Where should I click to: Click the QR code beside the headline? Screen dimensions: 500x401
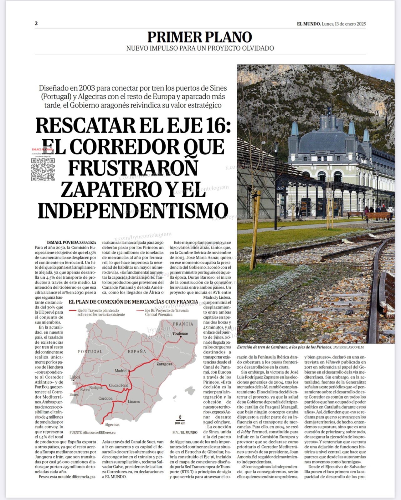43,169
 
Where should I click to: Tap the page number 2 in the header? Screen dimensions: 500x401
36,23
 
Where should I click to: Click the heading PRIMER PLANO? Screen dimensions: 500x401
200,37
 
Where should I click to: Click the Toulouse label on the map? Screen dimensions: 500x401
180,333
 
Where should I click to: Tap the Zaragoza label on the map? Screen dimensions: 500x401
164,364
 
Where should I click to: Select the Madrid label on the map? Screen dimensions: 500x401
121,371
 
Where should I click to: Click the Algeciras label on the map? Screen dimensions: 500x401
112,424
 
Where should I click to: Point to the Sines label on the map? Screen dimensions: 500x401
74,394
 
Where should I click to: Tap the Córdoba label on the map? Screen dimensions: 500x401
105,398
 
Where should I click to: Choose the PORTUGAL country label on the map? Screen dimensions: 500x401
90,352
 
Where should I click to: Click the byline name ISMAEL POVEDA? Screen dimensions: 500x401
63,242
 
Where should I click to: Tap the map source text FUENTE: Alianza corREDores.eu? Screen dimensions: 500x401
93,432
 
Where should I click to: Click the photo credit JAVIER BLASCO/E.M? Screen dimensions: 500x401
348,347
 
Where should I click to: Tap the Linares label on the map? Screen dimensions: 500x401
134,402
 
